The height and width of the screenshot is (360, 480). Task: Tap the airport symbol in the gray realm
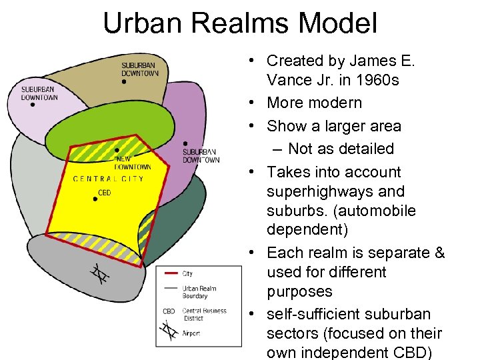99,274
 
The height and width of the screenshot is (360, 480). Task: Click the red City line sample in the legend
171,273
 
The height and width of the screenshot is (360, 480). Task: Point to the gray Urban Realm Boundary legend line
171,289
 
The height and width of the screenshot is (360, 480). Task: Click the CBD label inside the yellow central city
104,193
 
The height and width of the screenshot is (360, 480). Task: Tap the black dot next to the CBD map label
95,199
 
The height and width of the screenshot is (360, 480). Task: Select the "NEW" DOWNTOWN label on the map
132,163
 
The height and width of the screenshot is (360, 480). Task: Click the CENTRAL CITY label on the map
108,179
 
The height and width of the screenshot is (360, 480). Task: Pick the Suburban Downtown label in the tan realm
139,69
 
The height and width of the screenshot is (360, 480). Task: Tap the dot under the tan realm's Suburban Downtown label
124,82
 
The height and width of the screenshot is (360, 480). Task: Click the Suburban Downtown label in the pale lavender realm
39,93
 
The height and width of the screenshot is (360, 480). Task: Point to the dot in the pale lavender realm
32,105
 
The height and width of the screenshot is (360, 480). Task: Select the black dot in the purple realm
185,143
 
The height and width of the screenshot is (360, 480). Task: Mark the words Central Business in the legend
204,311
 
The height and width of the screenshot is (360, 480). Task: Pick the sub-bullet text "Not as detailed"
341,149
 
